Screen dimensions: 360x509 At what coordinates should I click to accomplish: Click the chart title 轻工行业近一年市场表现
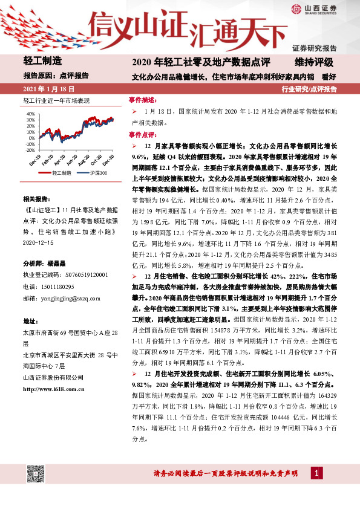point(56,100)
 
